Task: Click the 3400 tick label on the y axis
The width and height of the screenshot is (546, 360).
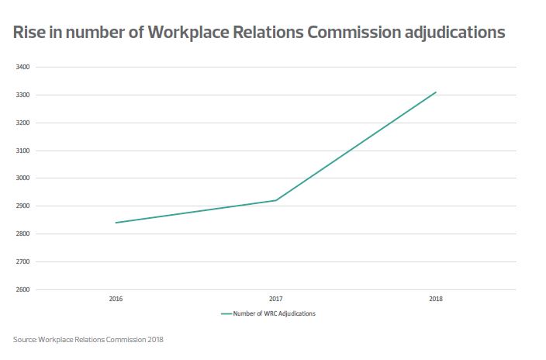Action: [x=22, y=67]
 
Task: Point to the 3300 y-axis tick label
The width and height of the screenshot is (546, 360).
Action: [x=22, y=95]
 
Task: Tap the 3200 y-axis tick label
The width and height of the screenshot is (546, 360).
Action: [x=22, y=123]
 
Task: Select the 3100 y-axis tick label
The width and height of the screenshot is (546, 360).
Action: [x=22, y=151]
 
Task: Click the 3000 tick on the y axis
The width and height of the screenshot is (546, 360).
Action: [x=22, y=178]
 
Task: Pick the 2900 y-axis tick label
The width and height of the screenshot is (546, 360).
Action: [x=22, y=206]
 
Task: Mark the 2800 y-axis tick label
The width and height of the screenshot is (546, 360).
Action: [x=22, y=234]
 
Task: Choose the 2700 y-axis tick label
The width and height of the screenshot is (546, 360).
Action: [x=22, y=262]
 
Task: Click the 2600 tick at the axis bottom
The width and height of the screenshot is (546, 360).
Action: [x=22, y=290]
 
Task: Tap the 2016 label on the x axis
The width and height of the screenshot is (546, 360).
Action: [x=116, y=299]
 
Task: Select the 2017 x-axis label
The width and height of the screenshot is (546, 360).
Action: [x=275, y=299]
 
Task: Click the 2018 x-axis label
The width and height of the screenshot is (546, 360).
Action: [x=435, y=299]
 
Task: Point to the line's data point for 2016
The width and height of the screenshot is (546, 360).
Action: [x=116, y=223]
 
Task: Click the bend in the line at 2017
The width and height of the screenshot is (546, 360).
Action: [x=275, y=200]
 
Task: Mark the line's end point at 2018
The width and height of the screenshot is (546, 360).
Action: [x=436, y=92]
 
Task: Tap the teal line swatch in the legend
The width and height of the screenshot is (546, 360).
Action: [x=227, y=314]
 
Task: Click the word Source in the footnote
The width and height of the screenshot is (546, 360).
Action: [x=24, y=339]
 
